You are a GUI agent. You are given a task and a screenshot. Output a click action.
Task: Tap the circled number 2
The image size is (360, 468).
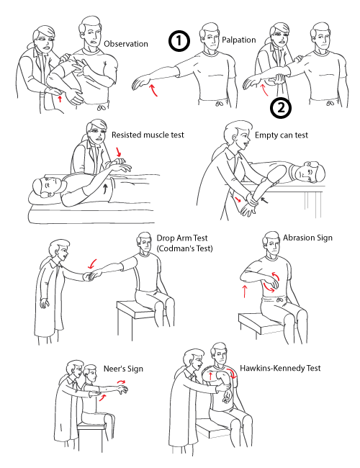click(282, 109)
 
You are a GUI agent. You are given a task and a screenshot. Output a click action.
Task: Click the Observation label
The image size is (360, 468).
click(126, 44)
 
